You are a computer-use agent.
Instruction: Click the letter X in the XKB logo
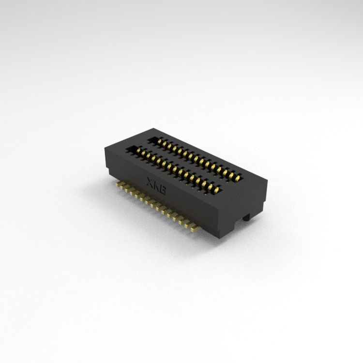(x=150, y=181)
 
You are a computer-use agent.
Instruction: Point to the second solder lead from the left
(x=123, y=187)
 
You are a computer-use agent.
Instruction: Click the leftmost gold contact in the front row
(x=138, y=151)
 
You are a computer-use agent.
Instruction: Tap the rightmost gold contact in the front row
(x=216, y=190)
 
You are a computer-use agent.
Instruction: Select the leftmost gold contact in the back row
(x=160, y=141)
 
